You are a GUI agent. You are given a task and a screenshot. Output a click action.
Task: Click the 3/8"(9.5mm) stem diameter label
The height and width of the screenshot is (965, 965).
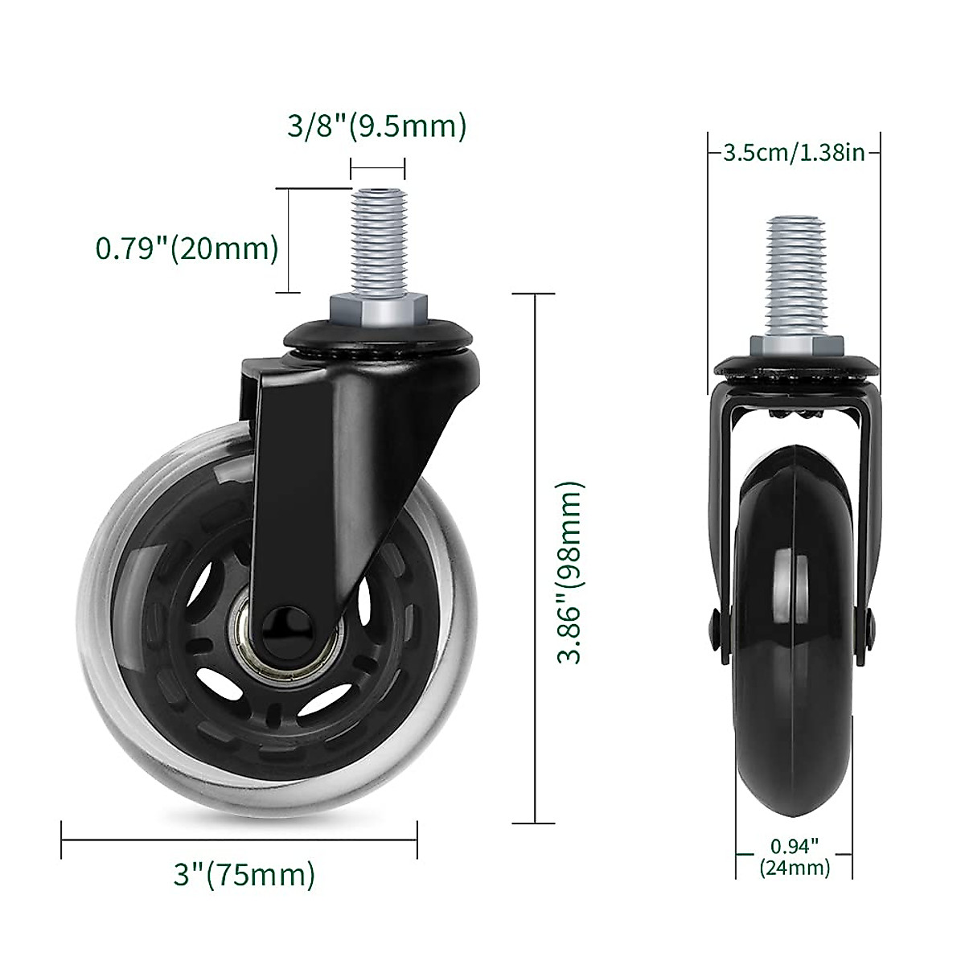pos(376,126)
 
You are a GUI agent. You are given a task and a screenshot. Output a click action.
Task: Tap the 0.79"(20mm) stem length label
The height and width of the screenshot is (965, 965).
pos(187,248)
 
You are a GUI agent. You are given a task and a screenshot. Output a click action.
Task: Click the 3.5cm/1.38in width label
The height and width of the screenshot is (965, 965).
pos(794,152)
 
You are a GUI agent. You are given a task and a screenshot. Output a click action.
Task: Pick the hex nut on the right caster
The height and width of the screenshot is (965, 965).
pos(795,347)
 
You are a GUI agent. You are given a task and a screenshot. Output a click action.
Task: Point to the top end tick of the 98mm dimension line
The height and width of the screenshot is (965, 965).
pos(534,294)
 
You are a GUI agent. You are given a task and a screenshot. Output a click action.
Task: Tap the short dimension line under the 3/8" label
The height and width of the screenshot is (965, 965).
pos(377,168)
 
